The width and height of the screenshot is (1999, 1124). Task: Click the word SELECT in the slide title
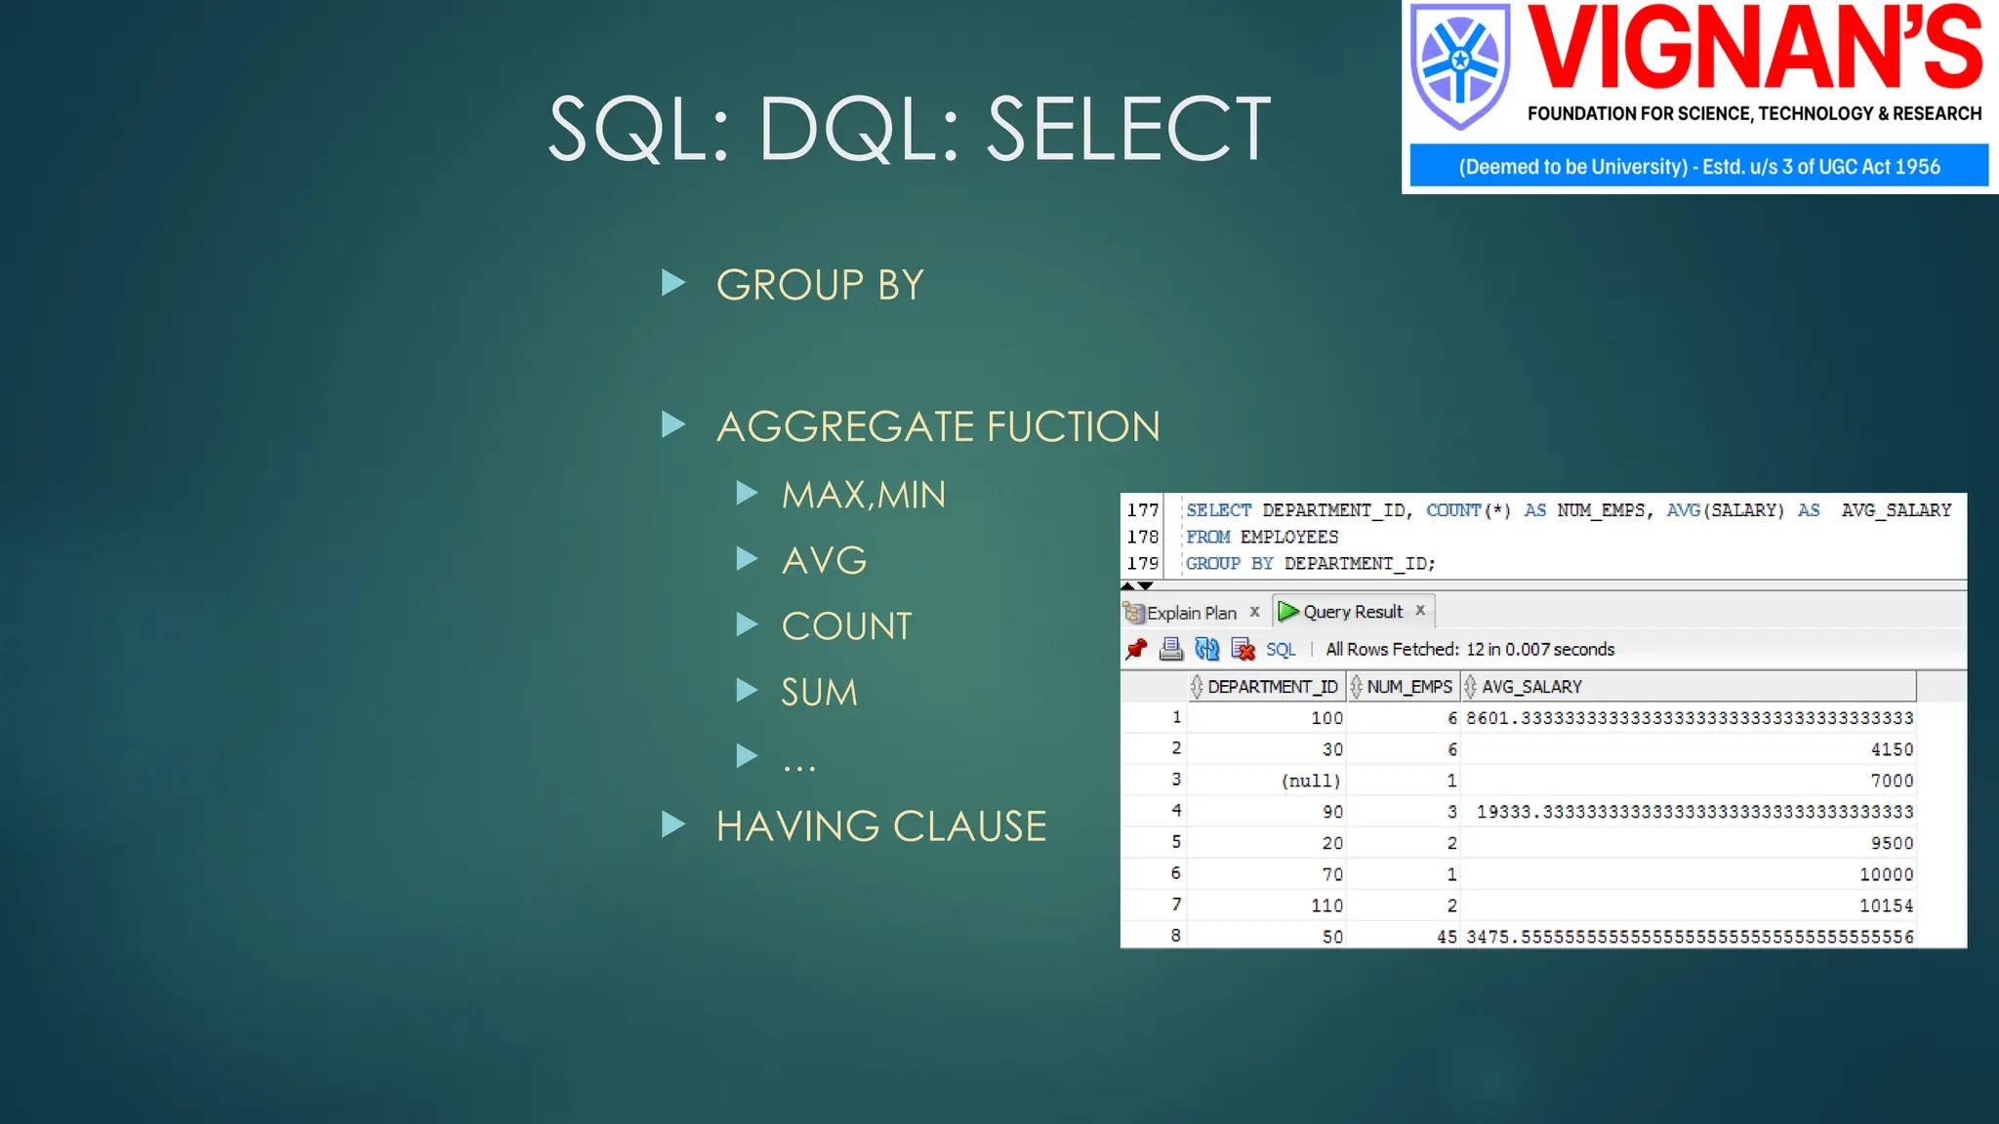point(1128,129)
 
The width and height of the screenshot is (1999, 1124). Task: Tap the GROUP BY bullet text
point(819,285)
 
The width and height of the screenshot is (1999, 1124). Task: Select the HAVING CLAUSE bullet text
point(880,826)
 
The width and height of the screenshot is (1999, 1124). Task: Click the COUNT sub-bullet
point(846,626)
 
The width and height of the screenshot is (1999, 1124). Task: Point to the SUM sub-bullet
point(819,693)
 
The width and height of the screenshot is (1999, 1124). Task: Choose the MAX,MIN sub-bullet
point(863,495)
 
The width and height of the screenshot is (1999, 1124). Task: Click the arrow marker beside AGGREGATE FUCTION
point(673,424)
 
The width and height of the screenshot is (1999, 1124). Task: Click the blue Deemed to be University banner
point(1698,166)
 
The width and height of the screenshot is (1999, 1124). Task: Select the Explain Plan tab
point(1191,613)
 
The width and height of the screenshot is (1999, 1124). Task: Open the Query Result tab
point(1352,612)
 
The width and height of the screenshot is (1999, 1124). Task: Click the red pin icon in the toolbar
point(1136,649)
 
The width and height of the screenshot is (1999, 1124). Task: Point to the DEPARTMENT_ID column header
point(1271,687)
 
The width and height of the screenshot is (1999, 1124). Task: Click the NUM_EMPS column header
point(1408,687)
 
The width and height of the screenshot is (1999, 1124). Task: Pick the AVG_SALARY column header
point(1530,687)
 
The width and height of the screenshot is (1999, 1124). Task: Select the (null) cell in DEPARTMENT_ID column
point(1311,781)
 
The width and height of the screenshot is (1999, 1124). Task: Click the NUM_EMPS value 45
point(1446,937)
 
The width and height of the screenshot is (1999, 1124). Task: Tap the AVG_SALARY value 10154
point(1885,905)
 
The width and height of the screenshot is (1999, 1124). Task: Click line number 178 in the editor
point(1142,537)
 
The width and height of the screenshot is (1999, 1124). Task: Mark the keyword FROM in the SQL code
point(1207,537)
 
